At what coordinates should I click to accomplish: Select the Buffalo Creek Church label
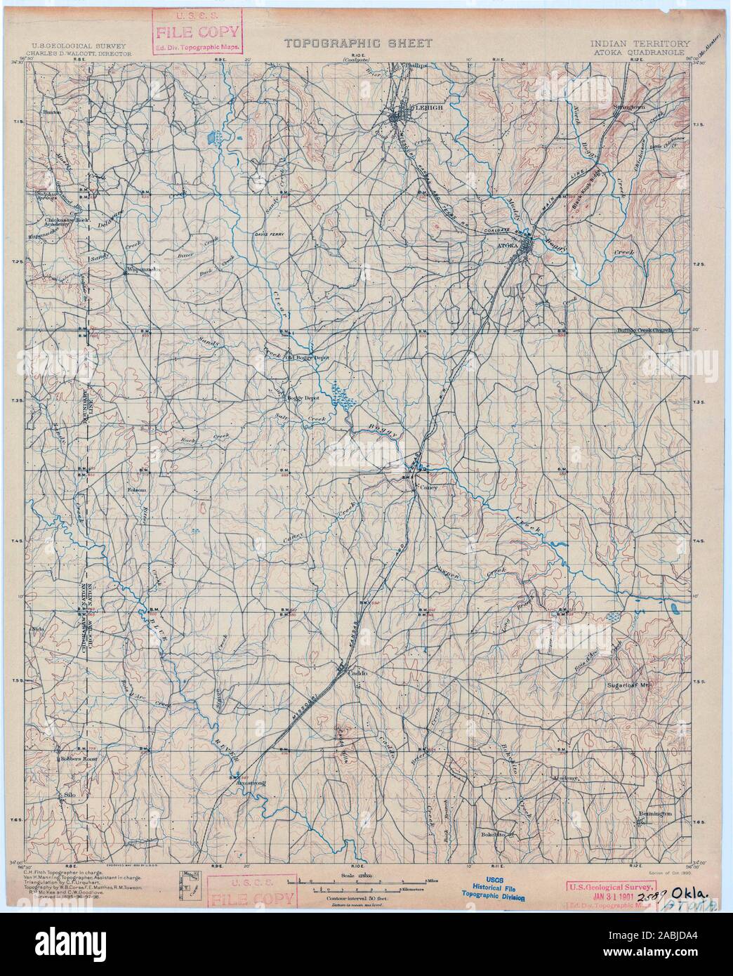pos(644,329)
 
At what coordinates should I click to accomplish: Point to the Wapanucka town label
pos(144,269)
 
